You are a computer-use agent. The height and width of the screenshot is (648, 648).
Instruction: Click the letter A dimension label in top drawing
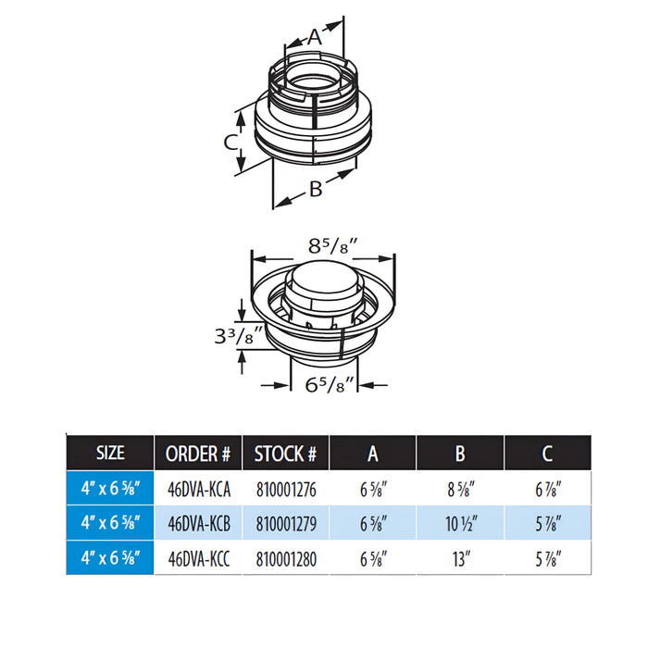coord(315,37)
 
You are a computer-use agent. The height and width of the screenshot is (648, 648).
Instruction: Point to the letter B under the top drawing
coord(316,189)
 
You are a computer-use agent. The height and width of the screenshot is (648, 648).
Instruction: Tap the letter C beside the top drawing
coord(231,143)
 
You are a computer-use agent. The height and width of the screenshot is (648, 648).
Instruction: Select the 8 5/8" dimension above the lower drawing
coord(332,247)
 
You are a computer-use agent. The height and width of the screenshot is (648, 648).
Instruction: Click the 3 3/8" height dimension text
coord(239,335)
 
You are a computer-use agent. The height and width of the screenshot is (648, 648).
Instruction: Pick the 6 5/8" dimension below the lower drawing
coord(330,385)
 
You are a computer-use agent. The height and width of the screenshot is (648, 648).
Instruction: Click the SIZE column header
coord(110,453)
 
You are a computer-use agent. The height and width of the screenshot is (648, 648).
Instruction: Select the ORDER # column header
coord(197,454)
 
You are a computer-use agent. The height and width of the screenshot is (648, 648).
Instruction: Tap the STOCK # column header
coord(285,454)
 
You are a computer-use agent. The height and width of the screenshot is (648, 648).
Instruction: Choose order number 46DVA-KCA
coord(199,490)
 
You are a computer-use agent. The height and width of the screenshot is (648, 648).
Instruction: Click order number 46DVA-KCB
coord(199,524)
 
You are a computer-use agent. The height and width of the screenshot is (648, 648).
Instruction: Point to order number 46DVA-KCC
coord(198,559)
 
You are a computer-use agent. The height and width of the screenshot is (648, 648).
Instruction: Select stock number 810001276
coord(286,490)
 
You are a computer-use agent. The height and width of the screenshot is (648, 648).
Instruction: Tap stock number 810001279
coord(286,524)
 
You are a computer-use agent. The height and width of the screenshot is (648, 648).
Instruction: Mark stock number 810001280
coord(286,559)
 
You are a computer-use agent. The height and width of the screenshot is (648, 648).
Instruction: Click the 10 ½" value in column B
coord(461,524)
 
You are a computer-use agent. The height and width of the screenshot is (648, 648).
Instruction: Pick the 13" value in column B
coord(461,559)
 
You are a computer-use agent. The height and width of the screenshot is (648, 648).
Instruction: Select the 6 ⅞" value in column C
coord(548,490)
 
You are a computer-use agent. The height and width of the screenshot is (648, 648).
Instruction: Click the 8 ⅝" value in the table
coord(461,490)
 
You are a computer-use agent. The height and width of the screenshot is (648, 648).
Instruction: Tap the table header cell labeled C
coord(548,454)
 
